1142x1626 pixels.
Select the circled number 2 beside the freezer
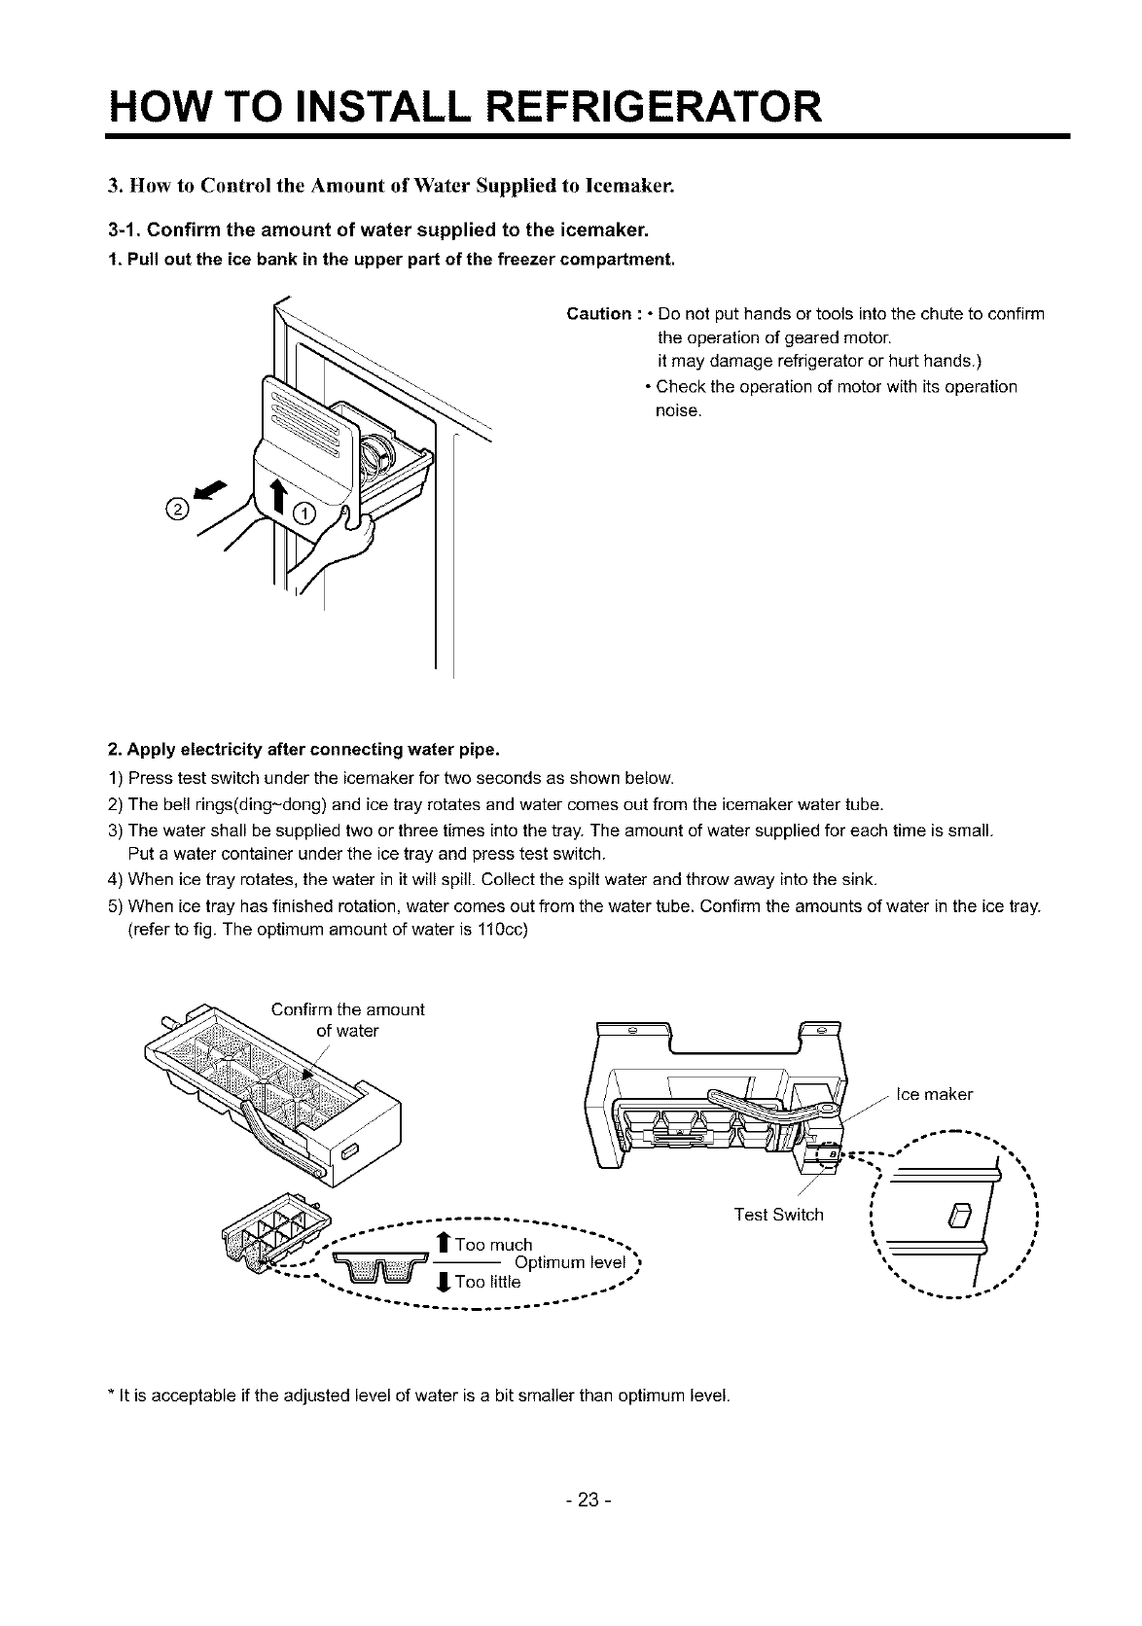pos(177,507)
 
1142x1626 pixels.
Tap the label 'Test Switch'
pos(778,1215)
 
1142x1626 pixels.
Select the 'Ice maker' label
pos(934,1095)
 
